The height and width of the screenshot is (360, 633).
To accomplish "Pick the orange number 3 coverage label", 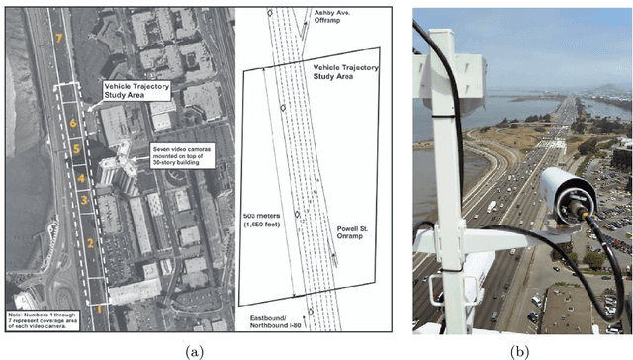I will tap(85, 200).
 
